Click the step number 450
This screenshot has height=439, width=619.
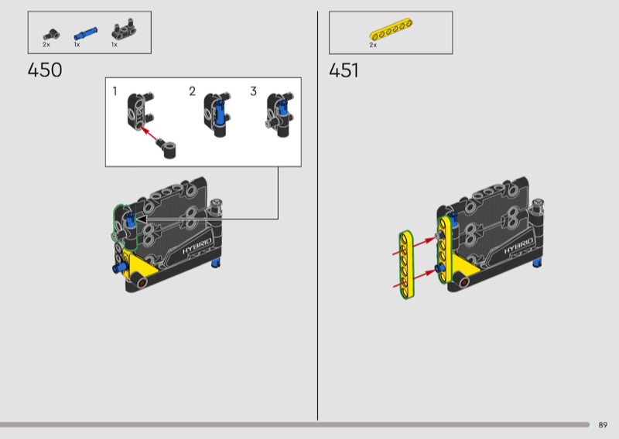(45, 70)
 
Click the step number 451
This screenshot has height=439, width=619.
(344, 70)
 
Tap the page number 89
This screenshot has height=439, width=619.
(603, 425)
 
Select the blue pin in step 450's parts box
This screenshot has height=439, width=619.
(85, 34)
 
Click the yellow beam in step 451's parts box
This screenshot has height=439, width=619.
(391, 29)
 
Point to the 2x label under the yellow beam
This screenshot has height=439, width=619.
(373, 45)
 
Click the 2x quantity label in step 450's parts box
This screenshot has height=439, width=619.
(46, 45)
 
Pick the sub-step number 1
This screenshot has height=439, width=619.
(115, 91)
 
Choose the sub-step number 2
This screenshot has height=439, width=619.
(192, 91)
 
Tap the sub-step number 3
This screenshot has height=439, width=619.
(254, 91)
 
